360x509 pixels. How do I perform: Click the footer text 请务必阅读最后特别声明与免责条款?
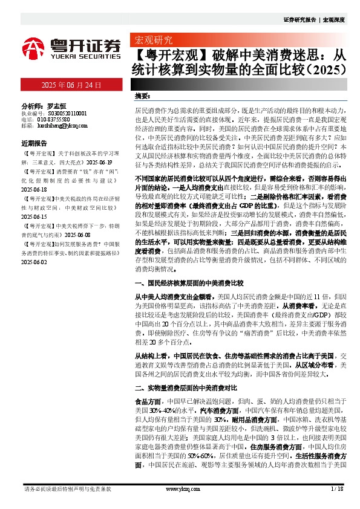(x=67, y=489)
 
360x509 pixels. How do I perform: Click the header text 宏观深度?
(x=333, y=19)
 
